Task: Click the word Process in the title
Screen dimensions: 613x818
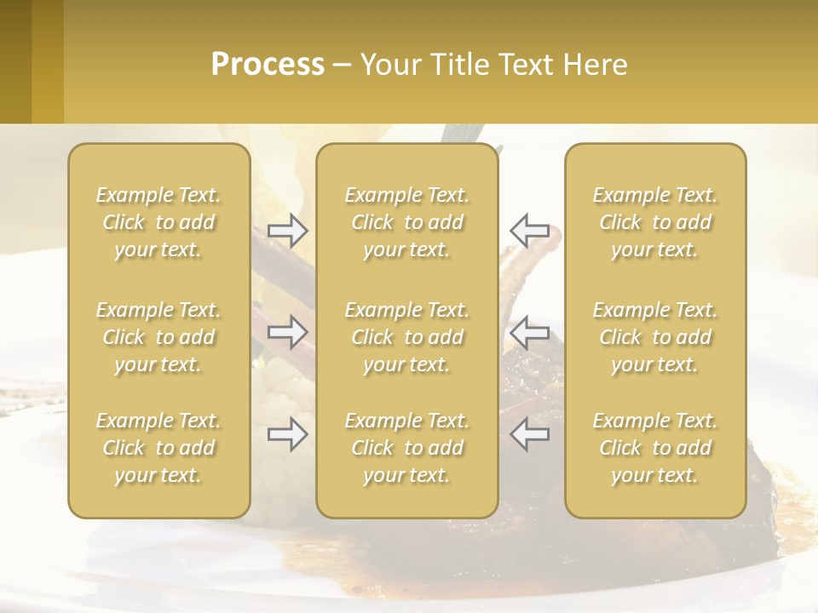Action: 268,65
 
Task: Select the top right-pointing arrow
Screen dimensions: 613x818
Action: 287,231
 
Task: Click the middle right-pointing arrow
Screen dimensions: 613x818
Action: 287,331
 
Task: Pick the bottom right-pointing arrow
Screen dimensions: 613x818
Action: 287,434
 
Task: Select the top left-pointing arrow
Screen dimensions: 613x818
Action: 529,231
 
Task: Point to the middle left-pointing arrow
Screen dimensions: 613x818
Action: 529,331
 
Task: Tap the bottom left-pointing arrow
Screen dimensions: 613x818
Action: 529,434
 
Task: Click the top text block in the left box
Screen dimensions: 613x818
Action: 158,222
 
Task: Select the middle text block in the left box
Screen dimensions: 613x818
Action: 158,337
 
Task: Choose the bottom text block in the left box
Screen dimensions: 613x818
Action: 158,448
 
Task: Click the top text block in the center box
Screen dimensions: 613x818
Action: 406,222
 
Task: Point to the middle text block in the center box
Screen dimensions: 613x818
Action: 406,337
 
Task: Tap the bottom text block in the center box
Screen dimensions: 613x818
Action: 406,448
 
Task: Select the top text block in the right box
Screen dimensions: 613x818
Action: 654,222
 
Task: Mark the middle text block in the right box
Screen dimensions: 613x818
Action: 654,337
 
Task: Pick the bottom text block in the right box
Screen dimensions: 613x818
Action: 654,448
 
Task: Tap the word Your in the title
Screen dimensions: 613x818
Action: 388,65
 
